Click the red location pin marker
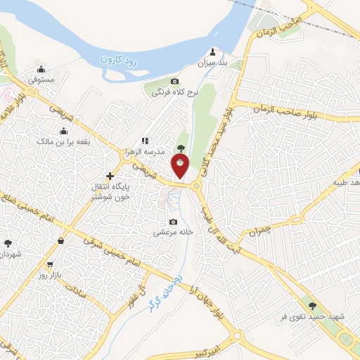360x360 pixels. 181,166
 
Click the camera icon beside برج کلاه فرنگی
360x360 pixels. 174,82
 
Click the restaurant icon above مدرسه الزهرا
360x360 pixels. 145,141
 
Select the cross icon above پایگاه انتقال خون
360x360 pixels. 109,175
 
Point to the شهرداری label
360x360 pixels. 10,253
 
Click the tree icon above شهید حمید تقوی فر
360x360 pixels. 312,306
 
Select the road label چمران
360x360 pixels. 259,230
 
